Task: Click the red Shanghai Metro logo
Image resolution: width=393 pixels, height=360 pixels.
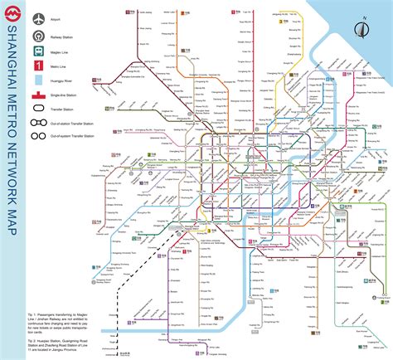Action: coord(12,12)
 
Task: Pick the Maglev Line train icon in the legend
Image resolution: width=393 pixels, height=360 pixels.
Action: coord(38,51)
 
